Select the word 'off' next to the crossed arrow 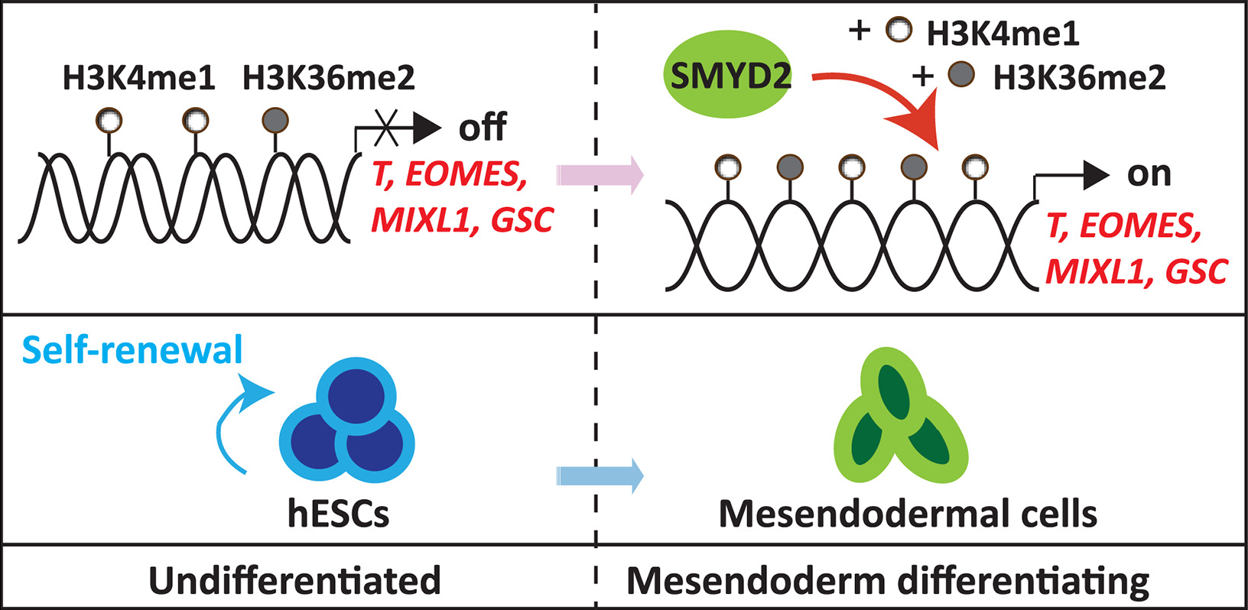(482, 127)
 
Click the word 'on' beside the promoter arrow (1149, 174)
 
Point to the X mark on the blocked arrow (387, 128)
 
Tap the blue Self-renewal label (132, 350)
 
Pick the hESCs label (338, 514)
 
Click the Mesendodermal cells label (908, 514)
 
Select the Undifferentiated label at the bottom (294, 581)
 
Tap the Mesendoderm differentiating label (887, 581)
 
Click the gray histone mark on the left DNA (275, 120)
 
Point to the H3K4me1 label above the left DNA (138, 78)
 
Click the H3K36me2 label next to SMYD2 (1079, 78)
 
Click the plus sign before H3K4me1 (860, 31)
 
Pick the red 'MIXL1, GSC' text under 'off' (462, 220)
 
